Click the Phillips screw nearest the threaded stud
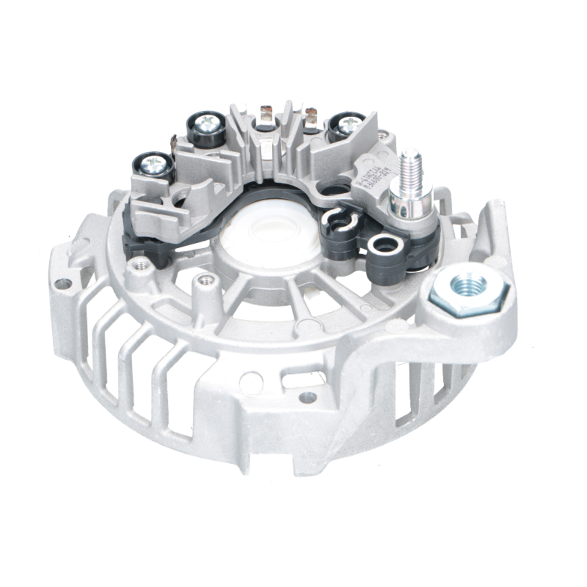pos(348,124)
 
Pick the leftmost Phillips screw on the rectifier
pos(156,164)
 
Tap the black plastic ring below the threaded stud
pos(385,246)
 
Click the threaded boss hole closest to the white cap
pos(205,280)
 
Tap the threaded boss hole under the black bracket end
pos(139,265)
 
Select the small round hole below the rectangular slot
pos(308,397)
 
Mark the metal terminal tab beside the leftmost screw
pos(173,143)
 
